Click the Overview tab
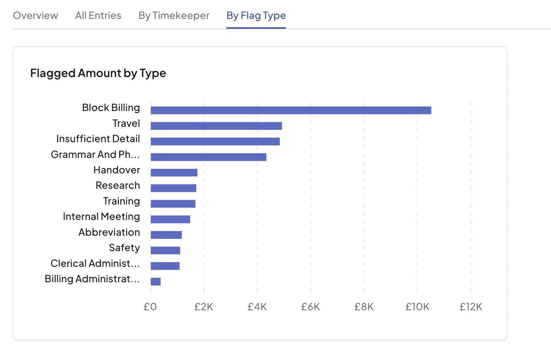35,16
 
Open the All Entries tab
98,16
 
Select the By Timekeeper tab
174,16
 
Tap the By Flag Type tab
256,16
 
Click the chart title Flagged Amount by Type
98,73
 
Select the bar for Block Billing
291,110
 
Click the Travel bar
216,126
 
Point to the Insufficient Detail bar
215,141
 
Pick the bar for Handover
174,173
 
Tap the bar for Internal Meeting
170,219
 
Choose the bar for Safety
165,250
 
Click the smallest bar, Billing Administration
156,282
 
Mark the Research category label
118,186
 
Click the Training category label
121,201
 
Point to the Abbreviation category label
109,233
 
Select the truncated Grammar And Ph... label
95,154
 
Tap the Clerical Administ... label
95,263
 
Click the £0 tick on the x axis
150,307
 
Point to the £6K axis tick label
311,307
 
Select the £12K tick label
471,307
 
